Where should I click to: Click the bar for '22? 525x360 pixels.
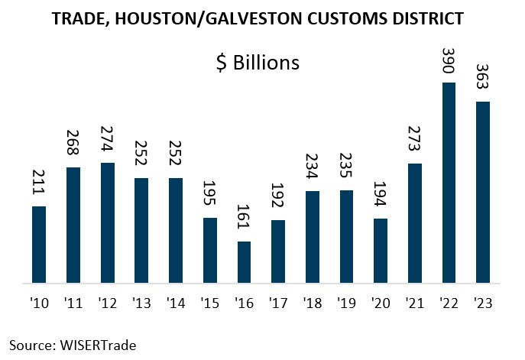(x=449, y=183)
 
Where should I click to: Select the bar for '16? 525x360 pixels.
(x=244, y=263)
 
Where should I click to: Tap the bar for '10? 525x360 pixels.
(x=39, y=245)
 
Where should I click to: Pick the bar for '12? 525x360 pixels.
(x=107, y=223)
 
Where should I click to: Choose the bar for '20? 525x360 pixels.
(x=381, y=251)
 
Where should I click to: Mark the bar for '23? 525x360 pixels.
(x=483, y=193)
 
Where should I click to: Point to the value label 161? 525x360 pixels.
(x=244, y=219)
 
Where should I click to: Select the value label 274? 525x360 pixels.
(x=107, y=141)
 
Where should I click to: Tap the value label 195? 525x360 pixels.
(x=209, y=196)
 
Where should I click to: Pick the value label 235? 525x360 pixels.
(x=346, y=168)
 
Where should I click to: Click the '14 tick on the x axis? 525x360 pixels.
(x=176, y=302)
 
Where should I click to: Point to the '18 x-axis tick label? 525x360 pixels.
(x=313, y=302)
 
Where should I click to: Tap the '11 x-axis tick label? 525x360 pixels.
(x=73, y=302)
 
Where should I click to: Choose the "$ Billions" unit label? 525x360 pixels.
(x=256, y=62)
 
